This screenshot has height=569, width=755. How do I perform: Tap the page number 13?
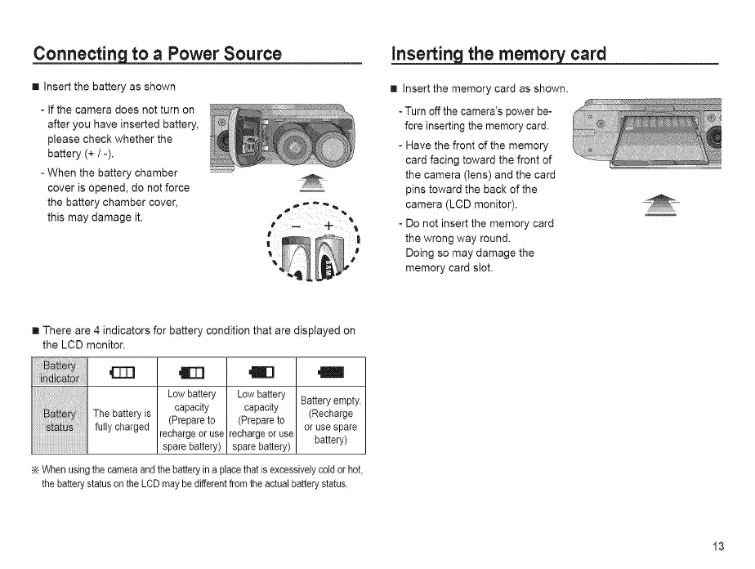pyautogui.click(x=717, y=546)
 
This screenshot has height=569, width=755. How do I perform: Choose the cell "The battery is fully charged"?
pyautogui.click(x=122, y=420)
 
